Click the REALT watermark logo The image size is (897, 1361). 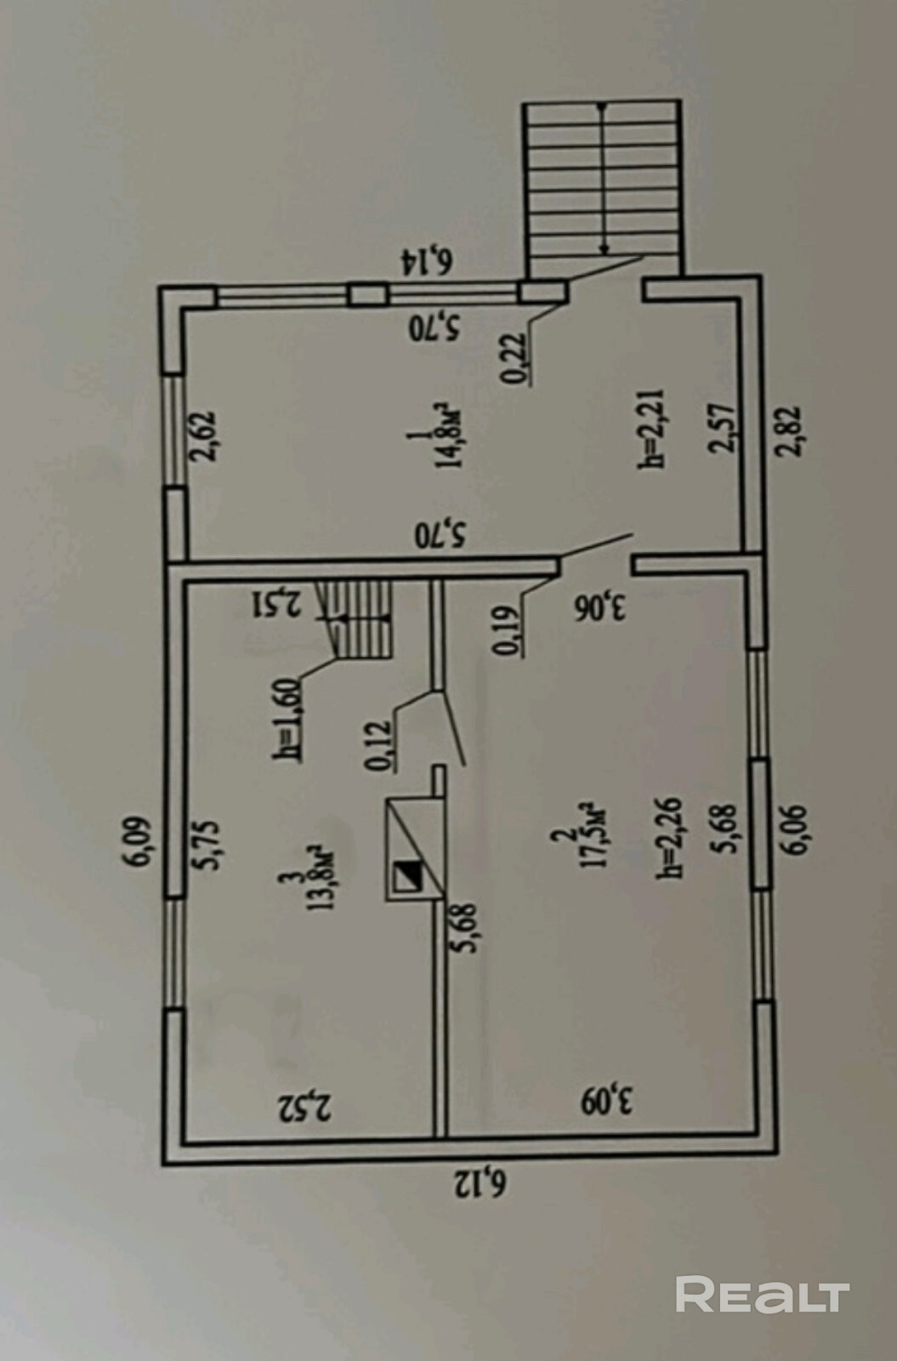tap(763, 1296)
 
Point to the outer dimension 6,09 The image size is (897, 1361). tap(138, 842)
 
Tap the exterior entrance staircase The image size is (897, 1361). tap(602, 187)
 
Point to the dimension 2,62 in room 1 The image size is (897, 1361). tap(206, 436)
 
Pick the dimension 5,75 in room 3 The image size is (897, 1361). tap(208, 844)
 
